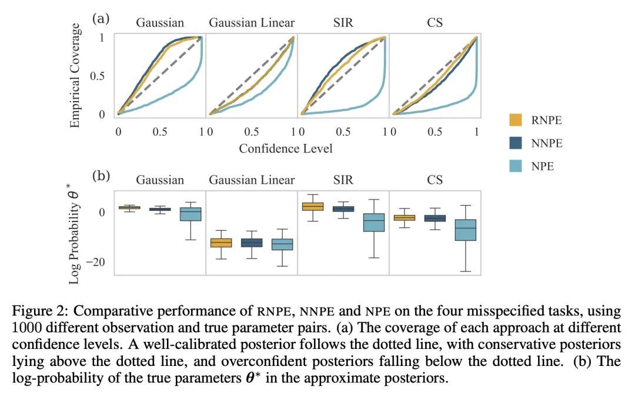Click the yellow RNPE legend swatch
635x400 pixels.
[516, 120]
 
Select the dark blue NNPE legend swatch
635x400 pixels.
[516, 143]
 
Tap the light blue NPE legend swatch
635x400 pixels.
[516, 166]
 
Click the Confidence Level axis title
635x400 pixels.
[286, 148]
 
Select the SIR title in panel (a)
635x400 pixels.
[342, 23]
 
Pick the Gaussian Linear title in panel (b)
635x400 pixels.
[252, 180]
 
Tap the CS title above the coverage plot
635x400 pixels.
[435, 23]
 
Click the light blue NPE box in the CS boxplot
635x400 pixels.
[466, 230]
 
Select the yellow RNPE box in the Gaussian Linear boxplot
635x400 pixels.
[221, 243]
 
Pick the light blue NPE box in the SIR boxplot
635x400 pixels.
[373, 223]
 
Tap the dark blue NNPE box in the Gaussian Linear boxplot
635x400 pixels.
[252, 243]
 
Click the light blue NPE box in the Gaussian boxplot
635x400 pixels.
[190, 214]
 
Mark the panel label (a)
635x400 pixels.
[101, 18]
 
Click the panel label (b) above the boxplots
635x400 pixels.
[101, 175]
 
